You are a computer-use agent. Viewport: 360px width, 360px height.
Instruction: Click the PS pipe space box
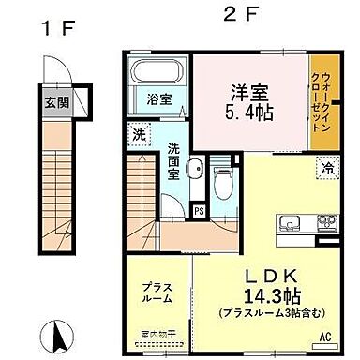coord(198,210)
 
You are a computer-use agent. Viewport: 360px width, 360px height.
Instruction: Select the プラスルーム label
coord(157,292)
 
